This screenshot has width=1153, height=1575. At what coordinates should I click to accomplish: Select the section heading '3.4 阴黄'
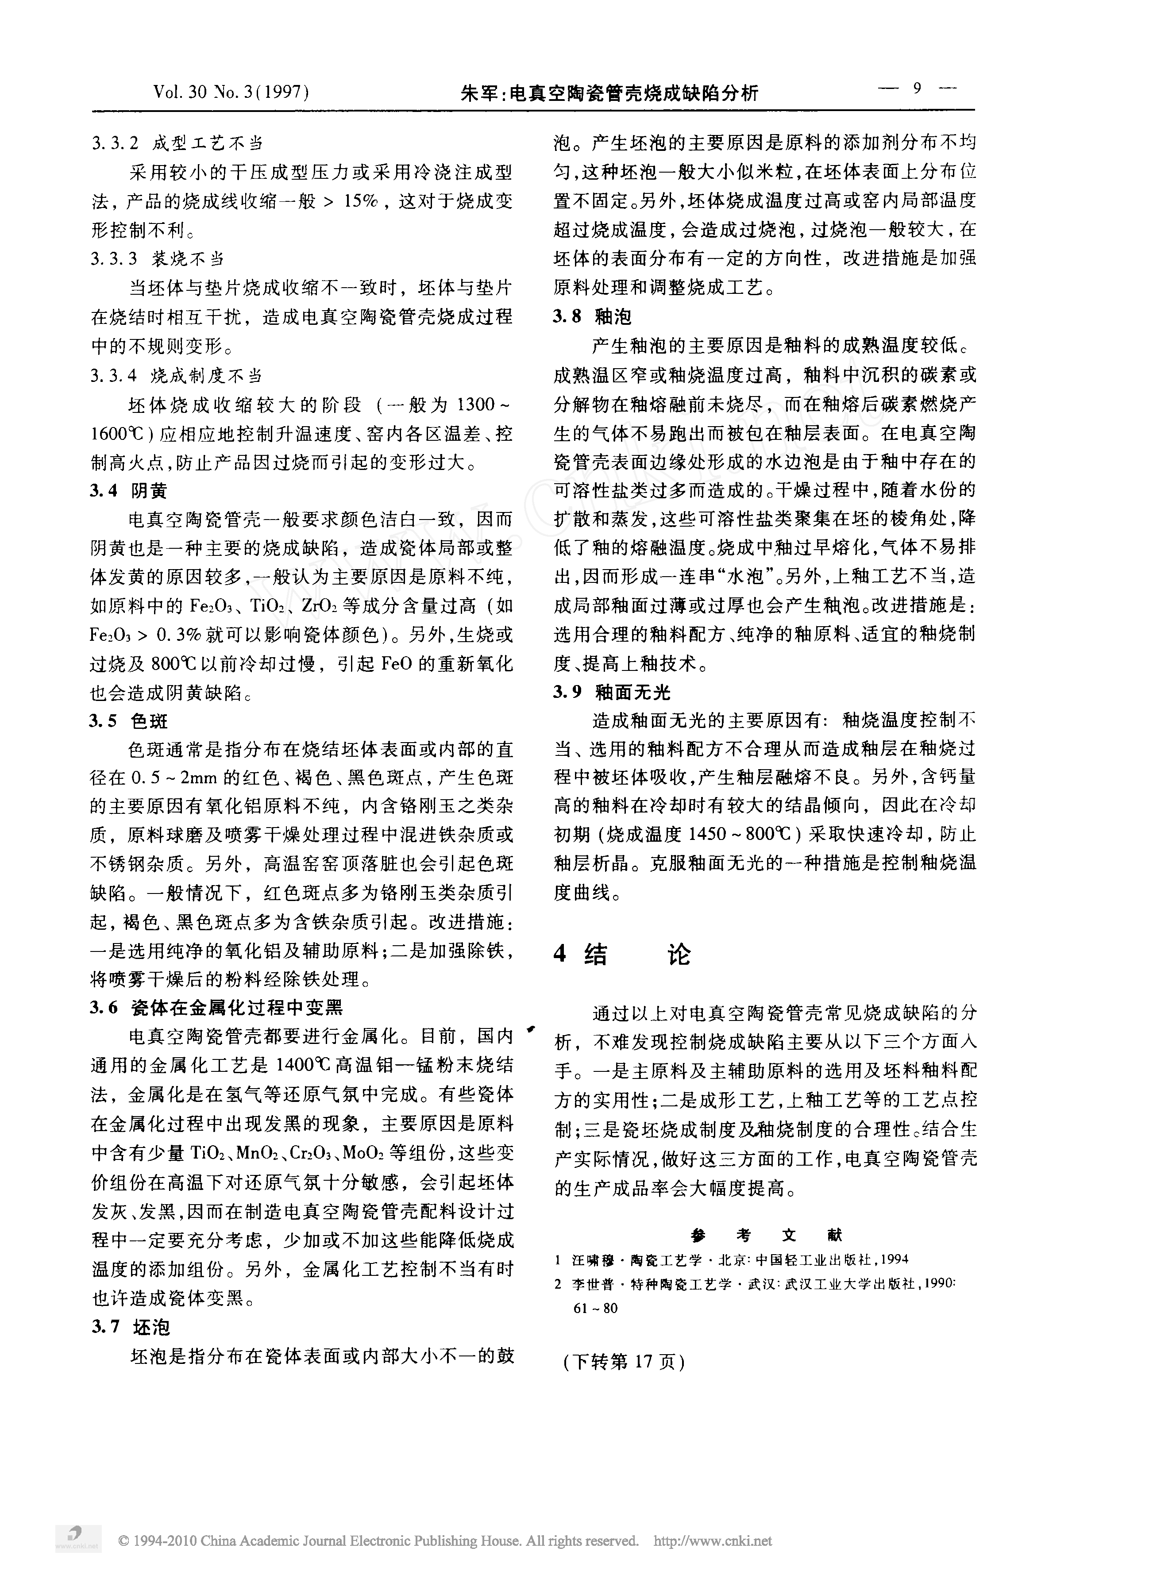click(x=129, y=491)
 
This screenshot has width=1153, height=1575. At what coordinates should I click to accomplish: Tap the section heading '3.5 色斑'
click(x=129, y=721)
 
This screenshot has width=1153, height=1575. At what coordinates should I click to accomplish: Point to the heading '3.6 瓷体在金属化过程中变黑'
click(x=217, y=1007)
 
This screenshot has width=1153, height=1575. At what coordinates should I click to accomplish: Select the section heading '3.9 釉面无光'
click(x=611, y=692)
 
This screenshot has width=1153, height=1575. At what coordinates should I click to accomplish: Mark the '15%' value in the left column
click(x=359, y=202)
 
